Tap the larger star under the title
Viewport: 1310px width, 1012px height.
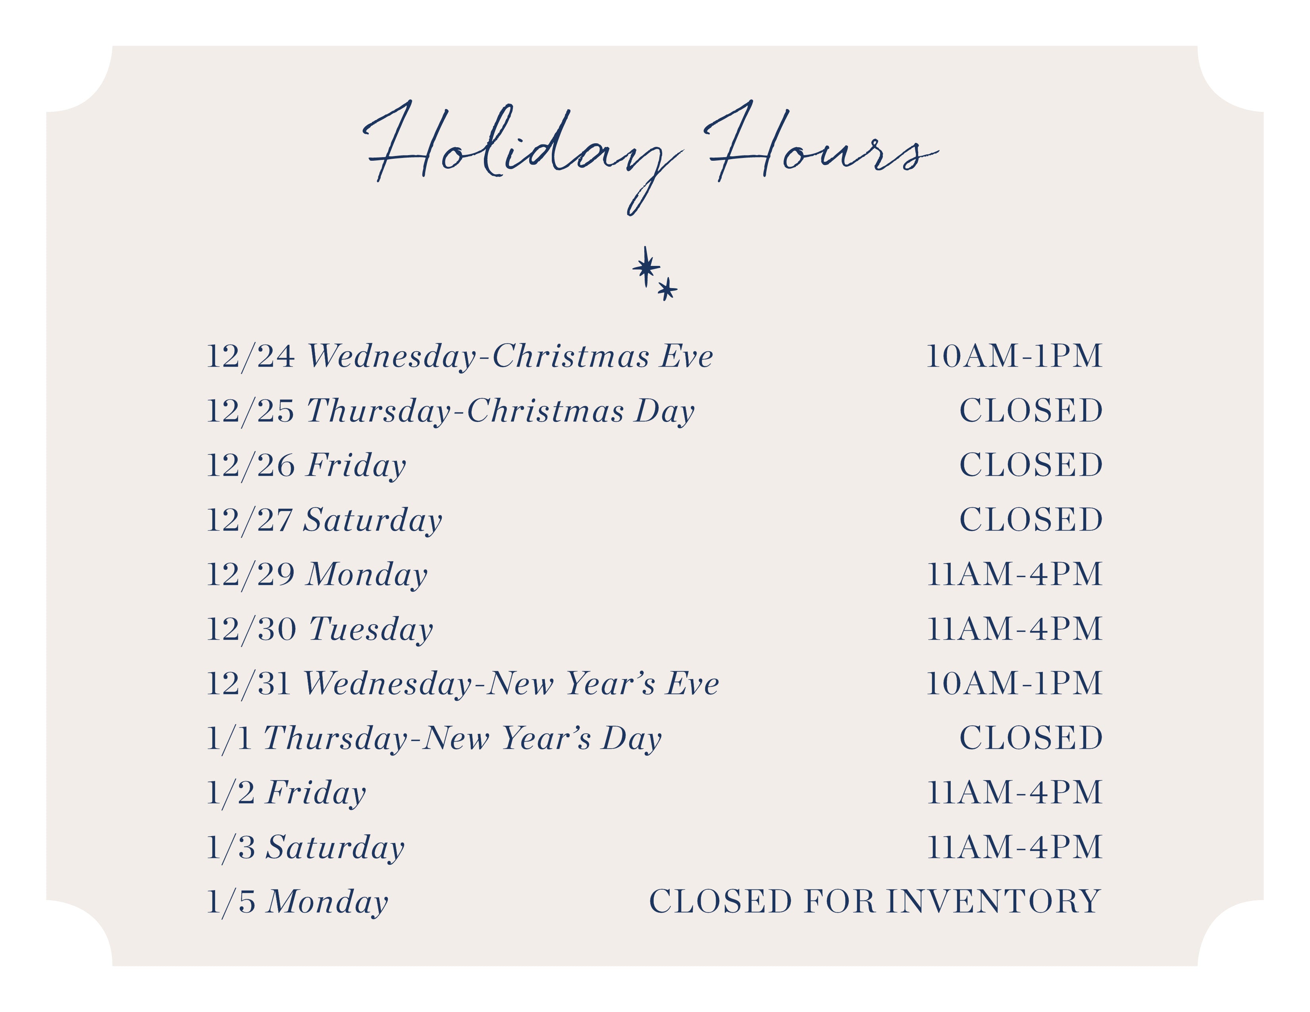646,267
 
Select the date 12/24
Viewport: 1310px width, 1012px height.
251,357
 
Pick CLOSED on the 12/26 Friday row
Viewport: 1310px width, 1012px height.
1031,465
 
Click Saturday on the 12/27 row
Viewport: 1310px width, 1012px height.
372,520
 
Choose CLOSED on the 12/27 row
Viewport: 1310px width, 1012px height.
1031,520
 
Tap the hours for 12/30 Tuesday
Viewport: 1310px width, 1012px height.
1014,629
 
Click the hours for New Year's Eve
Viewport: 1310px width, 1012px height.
1014,683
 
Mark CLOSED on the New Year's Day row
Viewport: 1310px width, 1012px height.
1031,738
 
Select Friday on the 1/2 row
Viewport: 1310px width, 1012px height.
316,794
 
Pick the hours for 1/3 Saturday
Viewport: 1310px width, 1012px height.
1014,847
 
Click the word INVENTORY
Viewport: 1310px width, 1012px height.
993,902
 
